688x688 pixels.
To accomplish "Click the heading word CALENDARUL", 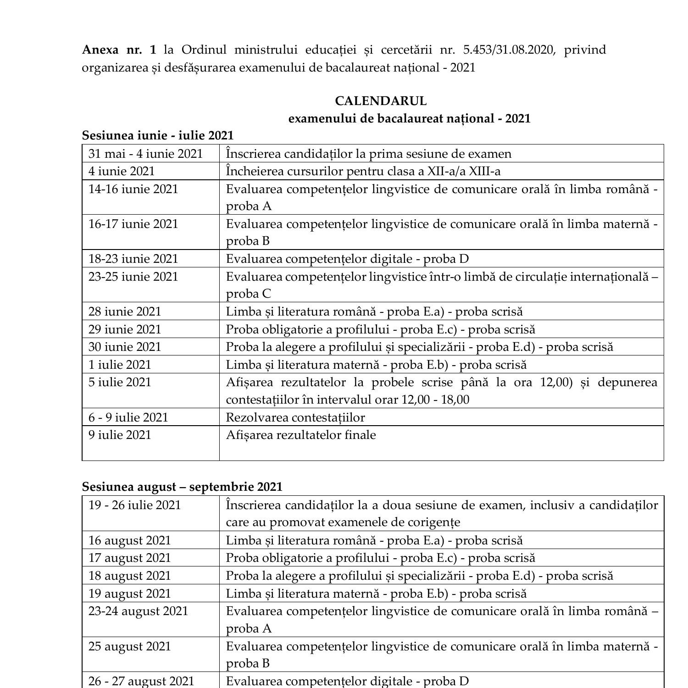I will pos(380,101).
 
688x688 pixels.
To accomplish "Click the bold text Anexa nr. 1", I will pos(119,50).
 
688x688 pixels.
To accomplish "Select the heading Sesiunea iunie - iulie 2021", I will pos(157,135).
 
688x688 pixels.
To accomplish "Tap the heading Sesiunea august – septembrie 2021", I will pos(182,487).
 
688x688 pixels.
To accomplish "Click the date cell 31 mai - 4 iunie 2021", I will pos(145,154).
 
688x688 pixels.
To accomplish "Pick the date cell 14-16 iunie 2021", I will pos(133,189).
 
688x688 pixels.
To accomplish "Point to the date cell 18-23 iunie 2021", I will pos(133,259).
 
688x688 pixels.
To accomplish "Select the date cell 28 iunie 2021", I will pos(125,311).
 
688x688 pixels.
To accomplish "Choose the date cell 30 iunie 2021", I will pos(125,347).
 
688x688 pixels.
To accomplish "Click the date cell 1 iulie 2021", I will pos(120,365).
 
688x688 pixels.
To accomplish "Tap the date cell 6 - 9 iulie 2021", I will pos(128,417).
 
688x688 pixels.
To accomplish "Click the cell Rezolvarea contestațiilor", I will pos(295,417).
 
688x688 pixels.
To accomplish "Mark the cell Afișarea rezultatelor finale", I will pos(301,435).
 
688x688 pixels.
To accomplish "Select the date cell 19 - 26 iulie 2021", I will pos(134,505).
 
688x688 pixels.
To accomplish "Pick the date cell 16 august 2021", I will pos(129,540).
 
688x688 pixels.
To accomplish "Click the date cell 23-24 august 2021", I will pos(138,611).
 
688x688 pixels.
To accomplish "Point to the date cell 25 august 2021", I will pos(129,646).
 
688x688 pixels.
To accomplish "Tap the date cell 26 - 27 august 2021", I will pos(141,681).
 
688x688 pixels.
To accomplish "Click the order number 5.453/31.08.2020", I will pos(509,50).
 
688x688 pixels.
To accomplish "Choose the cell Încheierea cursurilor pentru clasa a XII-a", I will pos(363,171).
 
